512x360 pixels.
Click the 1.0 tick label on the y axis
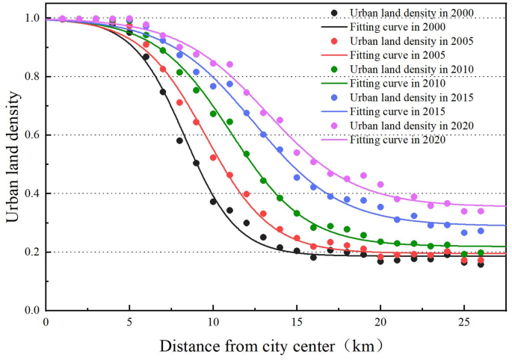[31, 18]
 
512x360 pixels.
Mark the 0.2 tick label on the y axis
[31, 252]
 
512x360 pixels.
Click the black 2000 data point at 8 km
[179, 140]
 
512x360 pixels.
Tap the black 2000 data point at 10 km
[213, 201]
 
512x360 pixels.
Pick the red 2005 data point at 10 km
[213, 158]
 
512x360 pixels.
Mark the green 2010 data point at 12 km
[247, 154]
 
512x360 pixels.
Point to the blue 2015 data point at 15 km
[297, 178]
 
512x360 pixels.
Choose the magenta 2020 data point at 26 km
[481, 211]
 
